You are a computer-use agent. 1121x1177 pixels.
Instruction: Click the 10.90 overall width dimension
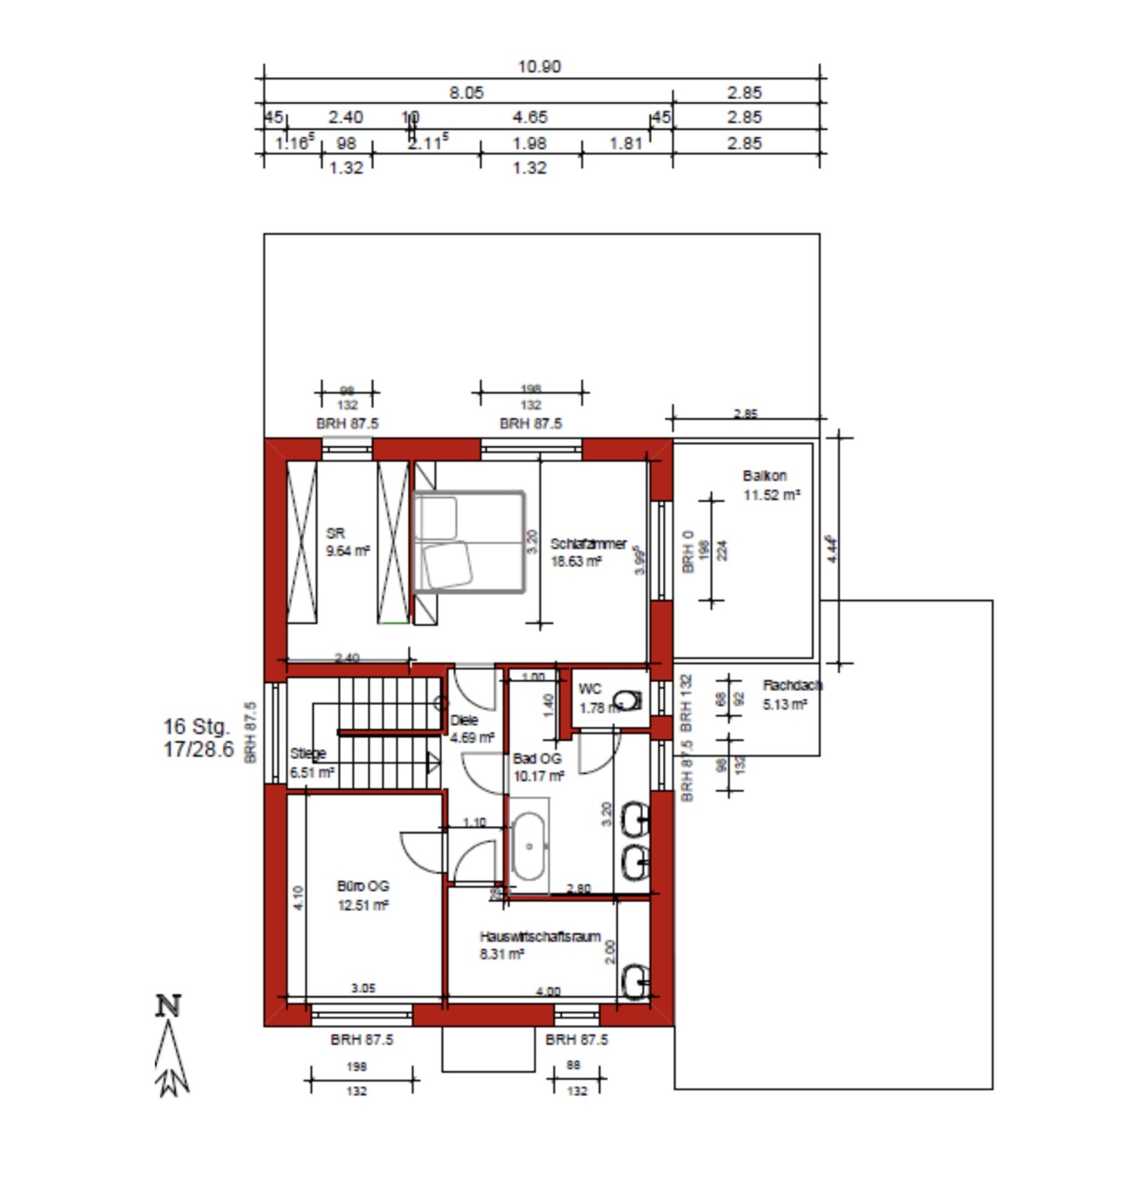click(539, 66)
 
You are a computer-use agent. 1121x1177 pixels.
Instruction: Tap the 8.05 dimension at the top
click(466, 92)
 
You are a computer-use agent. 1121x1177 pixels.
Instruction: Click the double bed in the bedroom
click(469, 541)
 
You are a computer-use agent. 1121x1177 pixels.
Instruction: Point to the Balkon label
click(765, 476)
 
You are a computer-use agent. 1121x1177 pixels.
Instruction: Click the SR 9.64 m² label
click(346, 542)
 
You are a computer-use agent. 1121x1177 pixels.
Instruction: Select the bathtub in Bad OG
click(529, 846)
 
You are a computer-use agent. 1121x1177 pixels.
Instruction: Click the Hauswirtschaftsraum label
click(540, 937)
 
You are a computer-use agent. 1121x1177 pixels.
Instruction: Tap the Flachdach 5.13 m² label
click(791, 694)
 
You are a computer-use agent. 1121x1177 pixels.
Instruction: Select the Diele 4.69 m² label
click(471, 729)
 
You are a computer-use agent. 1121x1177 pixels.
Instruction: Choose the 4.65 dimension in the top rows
click(530, 117)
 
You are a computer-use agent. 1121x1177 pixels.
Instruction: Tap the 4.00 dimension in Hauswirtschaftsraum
click(547, 991)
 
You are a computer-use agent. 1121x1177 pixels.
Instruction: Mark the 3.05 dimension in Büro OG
click(363, 988)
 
